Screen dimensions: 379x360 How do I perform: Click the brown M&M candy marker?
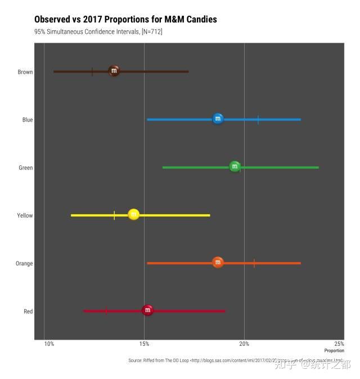pyautogui.click(x=114, y=71)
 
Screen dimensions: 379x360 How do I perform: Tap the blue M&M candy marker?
pyautogui.click(x=218, y=119)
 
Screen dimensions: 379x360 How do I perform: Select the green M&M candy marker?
pyautogui.click(x=235, y=167)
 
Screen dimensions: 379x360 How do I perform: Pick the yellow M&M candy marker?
pyautogui.click(x=133, y=215)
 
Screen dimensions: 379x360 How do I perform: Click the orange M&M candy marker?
pyautogui.click(x=218, y=263)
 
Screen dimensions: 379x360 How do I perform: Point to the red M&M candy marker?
pyautogui.click(x=147, y=310)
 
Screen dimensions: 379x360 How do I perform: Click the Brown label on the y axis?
pyautogui.click(x=25, y=72)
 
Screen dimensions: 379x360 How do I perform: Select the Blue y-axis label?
pyautogui.click(x=28, y=120)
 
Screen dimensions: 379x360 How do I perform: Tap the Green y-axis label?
pyautogui.click(x=25, y=168)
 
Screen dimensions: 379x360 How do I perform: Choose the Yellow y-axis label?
pyautogui.click(x=25, y=215)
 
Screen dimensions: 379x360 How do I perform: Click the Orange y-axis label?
pyautogui.click(x=24, y=263)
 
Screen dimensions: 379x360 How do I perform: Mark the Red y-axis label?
pyautogui.click(x=28, y=311)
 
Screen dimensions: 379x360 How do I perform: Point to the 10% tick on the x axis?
pyautogui.click(x=49, y=344)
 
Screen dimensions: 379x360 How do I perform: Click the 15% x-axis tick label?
pyautogui.click(x=145, y=344)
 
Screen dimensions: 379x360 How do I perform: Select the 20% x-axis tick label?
pyautogui.click(x=244, y=344)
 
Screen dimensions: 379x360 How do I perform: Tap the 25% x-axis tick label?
pyautogui.click(x=339, y=344)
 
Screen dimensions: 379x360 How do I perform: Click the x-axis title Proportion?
pyautogui.click(x=334, y=350)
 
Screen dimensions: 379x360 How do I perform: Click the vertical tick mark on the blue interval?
pyautogui.click(x=258, y=120)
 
